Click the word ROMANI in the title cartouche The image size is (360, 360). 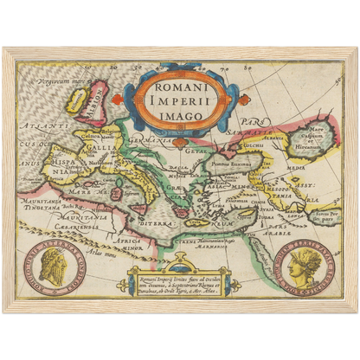(x=179, y=87)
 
